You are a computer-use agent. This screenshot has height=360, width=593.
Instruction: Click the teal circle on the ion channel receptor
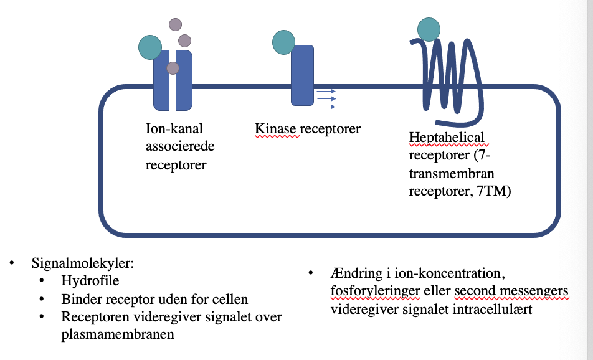[x=150, y=47]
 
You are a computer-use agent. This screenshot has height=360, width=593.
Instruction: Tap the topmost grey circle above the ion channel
[x=175, y=24]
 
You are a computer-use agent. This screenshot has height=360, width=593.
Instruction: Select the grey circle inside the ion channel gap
[x=173, y=68]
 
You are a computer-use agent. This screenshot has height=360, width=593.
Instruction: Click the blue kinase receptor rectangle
[x=303, y=75]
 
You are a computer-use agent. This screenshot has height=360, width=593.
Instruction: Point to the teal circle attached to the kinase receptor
[x=283, y=42]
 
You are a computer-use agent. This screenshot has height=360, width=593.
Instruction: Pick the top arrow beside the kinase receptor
[x=326, y=91]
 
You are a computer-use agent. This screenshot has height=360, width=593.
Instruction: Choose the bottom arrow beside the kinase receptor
[x=326, y=107]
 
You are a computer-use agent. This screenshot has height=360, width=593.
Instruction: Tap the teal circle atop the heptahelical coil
[x=429, y=29]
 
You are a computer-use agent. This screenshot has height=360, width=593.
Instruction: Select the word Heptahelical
[x=447, y=137]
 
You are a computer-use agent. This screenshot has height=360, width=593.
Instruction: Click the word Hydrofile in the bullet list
[x=90, y=281]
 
